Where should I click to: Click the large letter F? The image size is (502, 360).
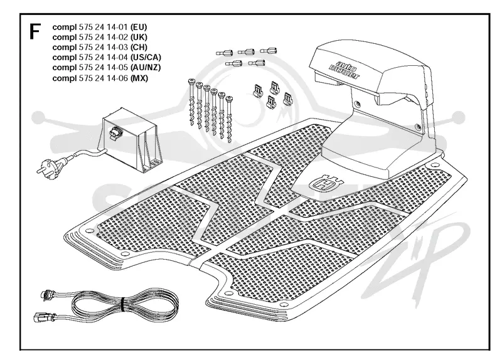(35, 32)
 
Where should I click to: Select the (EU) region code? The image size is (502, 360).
(139, 27)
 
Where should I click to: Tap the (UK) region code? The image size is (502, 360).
(139, 37)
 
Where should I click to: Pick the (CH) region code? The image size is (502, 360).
(139, 48)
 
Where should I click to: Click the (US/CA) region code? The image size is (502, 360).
(146, 58)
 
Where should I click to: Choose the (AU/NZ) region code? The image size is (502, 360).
(146, 68)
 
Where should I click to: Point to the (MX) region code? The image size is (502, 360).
(139, 78)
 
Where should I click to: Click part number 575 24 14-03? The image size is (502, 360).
(104, 48)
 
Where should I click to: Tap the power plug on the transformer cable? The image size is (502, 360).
(49, 167)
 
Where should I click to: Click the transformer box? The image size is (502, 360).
(131, 139)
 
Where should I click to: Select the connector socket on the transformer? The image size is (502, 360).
(114, 134)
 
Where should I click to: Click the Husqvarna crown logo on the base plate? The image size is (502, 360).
(325, 183)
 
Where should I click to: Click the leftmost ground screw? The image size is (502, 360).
(192, 102)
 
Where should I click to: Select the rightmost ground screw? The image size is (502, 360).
(229, 119)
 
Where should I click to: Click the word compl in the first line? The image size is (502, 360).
(65, 28)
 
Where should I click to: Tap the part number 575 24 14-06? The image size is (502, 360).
(104, 78)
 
